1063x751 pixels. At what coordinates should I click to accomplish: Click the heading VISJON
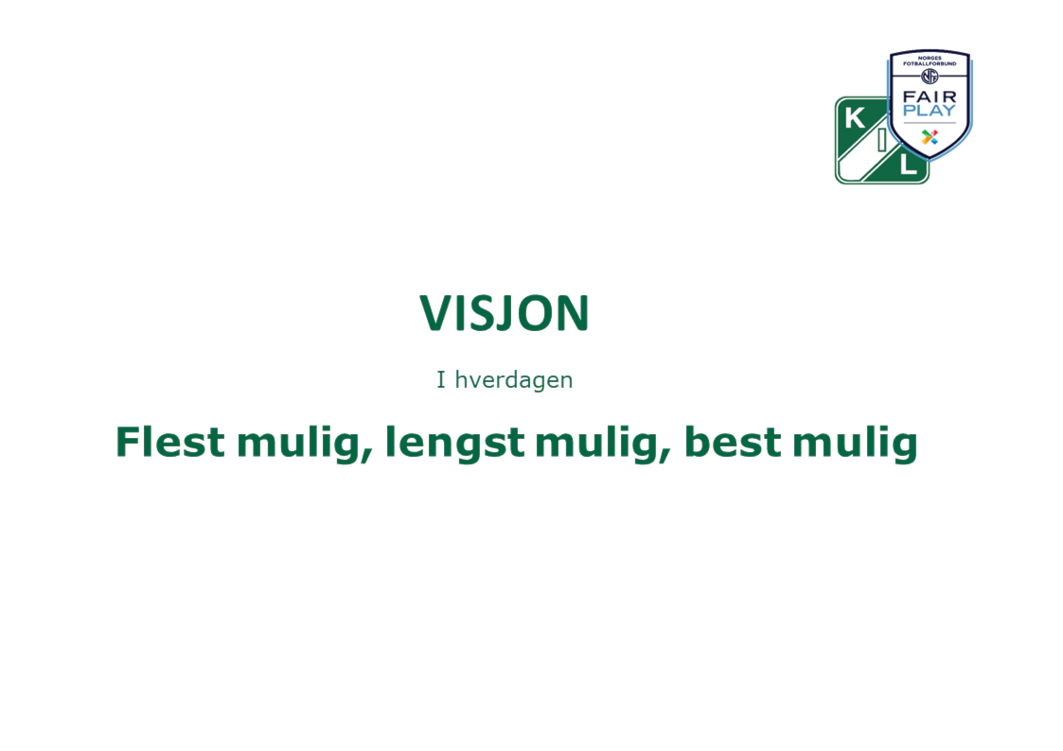[505, 313]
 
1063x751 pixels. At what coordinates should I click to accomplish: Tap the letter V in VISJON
[436, 313]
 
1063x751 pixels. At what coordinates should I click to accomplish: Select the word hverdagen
[514, 380]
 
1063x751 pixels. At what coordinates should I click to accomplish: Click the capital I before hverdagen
[441, 380]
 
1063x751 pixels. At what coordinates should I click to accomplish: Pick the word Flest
[170, 442]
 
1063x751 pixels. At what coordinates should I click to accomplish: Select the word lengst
[454, 445]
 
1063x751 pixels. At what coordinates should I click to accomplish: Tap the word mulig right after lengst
[603, 445]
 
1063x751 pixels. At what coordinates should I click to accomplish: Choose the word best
[732, 442]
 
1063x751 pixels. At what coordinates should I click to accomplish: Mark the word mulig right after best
[855, 445]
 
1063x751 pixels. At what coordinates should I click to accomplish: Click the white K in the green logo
[855, 118]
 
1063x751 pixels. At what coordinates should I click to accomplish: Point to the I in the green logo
[882, 139]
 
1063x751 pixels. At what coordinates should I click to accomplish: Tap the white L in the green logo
[909, 165]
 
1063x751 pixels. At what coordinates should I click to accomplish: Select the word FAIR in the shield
[930, 97]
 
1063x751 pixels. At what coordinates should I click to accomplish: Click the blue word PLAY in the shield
[930, 111]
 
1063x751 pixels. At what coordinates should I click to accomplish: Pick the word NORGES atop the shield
[930, 59]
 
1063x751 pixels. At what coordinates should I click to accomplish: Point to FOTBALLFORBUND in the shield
[930, 63]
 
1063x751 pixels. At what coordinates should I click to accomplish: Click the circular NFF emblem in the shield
[930, 77]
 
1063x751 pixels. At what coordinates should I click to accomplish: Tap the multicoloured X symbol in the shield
[930, 137]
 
